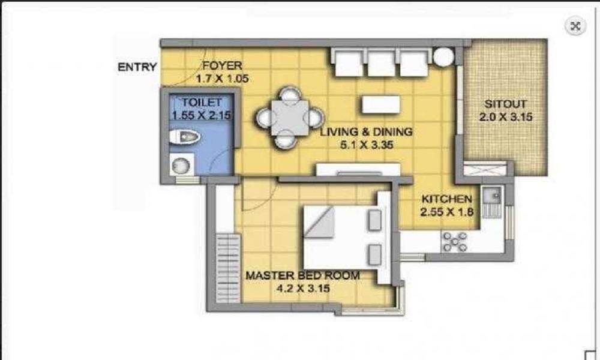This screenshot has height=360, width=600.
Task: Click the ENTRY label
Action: tap(137, 67)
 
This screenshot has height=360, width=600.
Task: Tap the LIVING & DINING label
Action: tap(365, 132)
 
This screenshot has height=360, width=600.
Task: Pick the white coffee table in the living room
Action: tap(381, 104)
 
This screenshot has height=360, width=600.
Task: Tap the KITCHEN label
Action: tap(446, 199)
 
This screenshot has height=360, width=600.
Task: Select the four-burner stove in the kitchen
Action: tap(455, 240)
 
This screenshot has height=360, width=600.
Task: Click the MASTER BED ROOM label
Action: tap(302, 276)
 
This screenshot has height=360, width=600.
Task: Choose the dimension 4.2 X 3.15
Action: tap(302, 288)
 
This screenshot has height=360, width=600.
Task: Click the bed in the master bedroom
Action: tap(342, 237)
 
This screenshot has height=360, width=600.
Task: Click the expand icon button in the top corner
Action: tap(575, 26)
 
